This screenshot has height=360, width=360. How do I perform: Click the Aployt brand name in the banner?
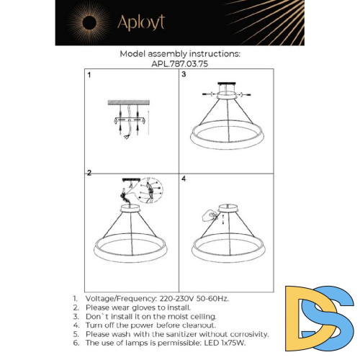(x=141, y=22)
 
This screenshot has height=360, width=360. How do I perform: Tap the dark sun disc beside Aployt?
(x=90, y=23)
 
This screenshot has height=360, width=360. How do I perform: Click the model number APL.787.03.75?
(x=180, y=64)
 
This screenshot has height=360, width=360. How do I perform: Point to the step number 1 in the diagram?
(x=89, y=75)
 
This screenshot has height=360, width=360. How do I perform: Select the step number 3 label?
(x=184, y=74)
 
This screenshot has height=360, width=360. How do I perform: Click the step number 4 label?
(x=184, y=179)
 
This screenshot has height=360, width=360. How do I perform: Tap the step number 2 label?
(x=89, y=173)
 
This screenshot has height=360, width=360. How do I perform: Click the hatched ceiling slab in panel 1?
(x=129, y=102)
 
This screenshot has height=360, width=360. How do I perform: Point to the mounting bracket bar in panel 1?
(x=130, y=120)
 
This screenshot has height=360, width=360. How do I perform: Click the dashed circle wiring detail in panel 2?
(x=150, y=191)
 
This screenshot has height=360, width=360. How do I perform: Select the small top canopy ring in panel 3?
(x=227, y=95)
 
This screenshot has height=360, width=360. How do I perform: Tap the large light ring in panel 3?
(x=227, y=144)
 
